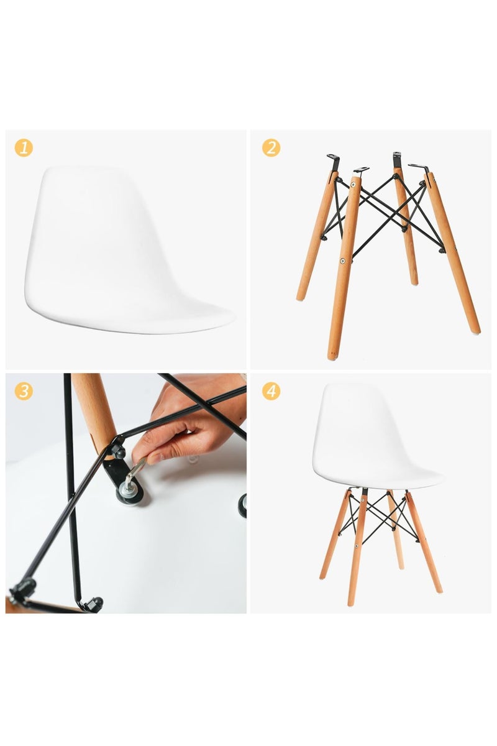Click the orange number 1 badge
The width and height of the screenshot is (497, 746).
[23, 148]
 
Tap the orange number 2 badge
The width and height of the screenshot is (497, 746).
[271, 148]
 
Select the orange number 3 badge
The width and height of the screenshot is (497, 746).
[23, 391]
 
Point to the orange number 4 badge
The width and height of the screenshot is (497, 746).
[271, 391]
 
